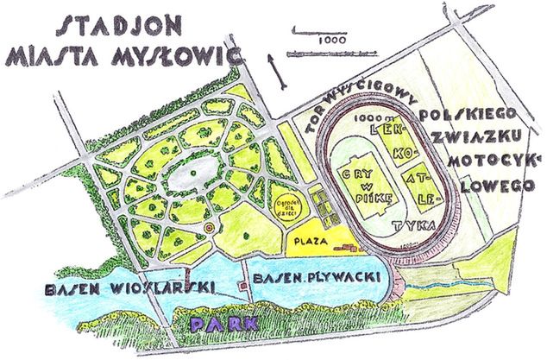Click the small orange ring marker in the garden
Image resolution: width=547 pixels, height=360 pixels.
pyautogui.click(x=209, y=229)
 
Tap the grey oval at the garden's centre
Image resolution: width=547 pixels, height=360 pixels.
pyautogui.click(x=191, y=178)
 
